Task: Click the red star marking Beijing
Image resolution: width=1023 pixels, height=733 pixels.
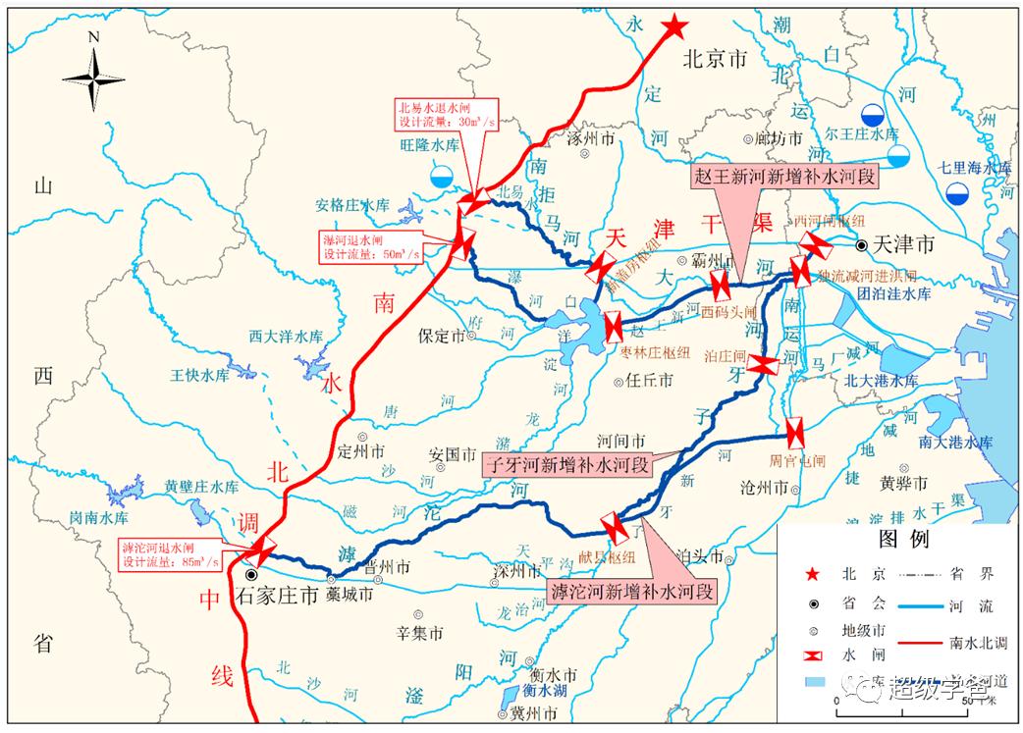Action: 674,26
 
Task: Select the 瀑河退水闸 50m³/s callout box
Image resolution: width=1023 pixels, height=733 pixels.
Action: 372,245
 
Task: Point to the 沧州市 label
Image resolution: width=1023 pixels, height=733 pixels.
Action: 766,487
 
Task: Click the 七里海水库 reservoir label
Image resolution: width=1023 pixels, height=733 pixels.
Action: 973,168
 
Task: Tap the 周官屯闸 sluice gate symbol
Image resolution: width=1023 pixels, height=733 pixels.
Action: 794,432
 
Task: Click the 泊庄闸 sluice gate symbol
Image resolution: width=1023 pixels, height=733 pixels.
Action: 763,365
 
